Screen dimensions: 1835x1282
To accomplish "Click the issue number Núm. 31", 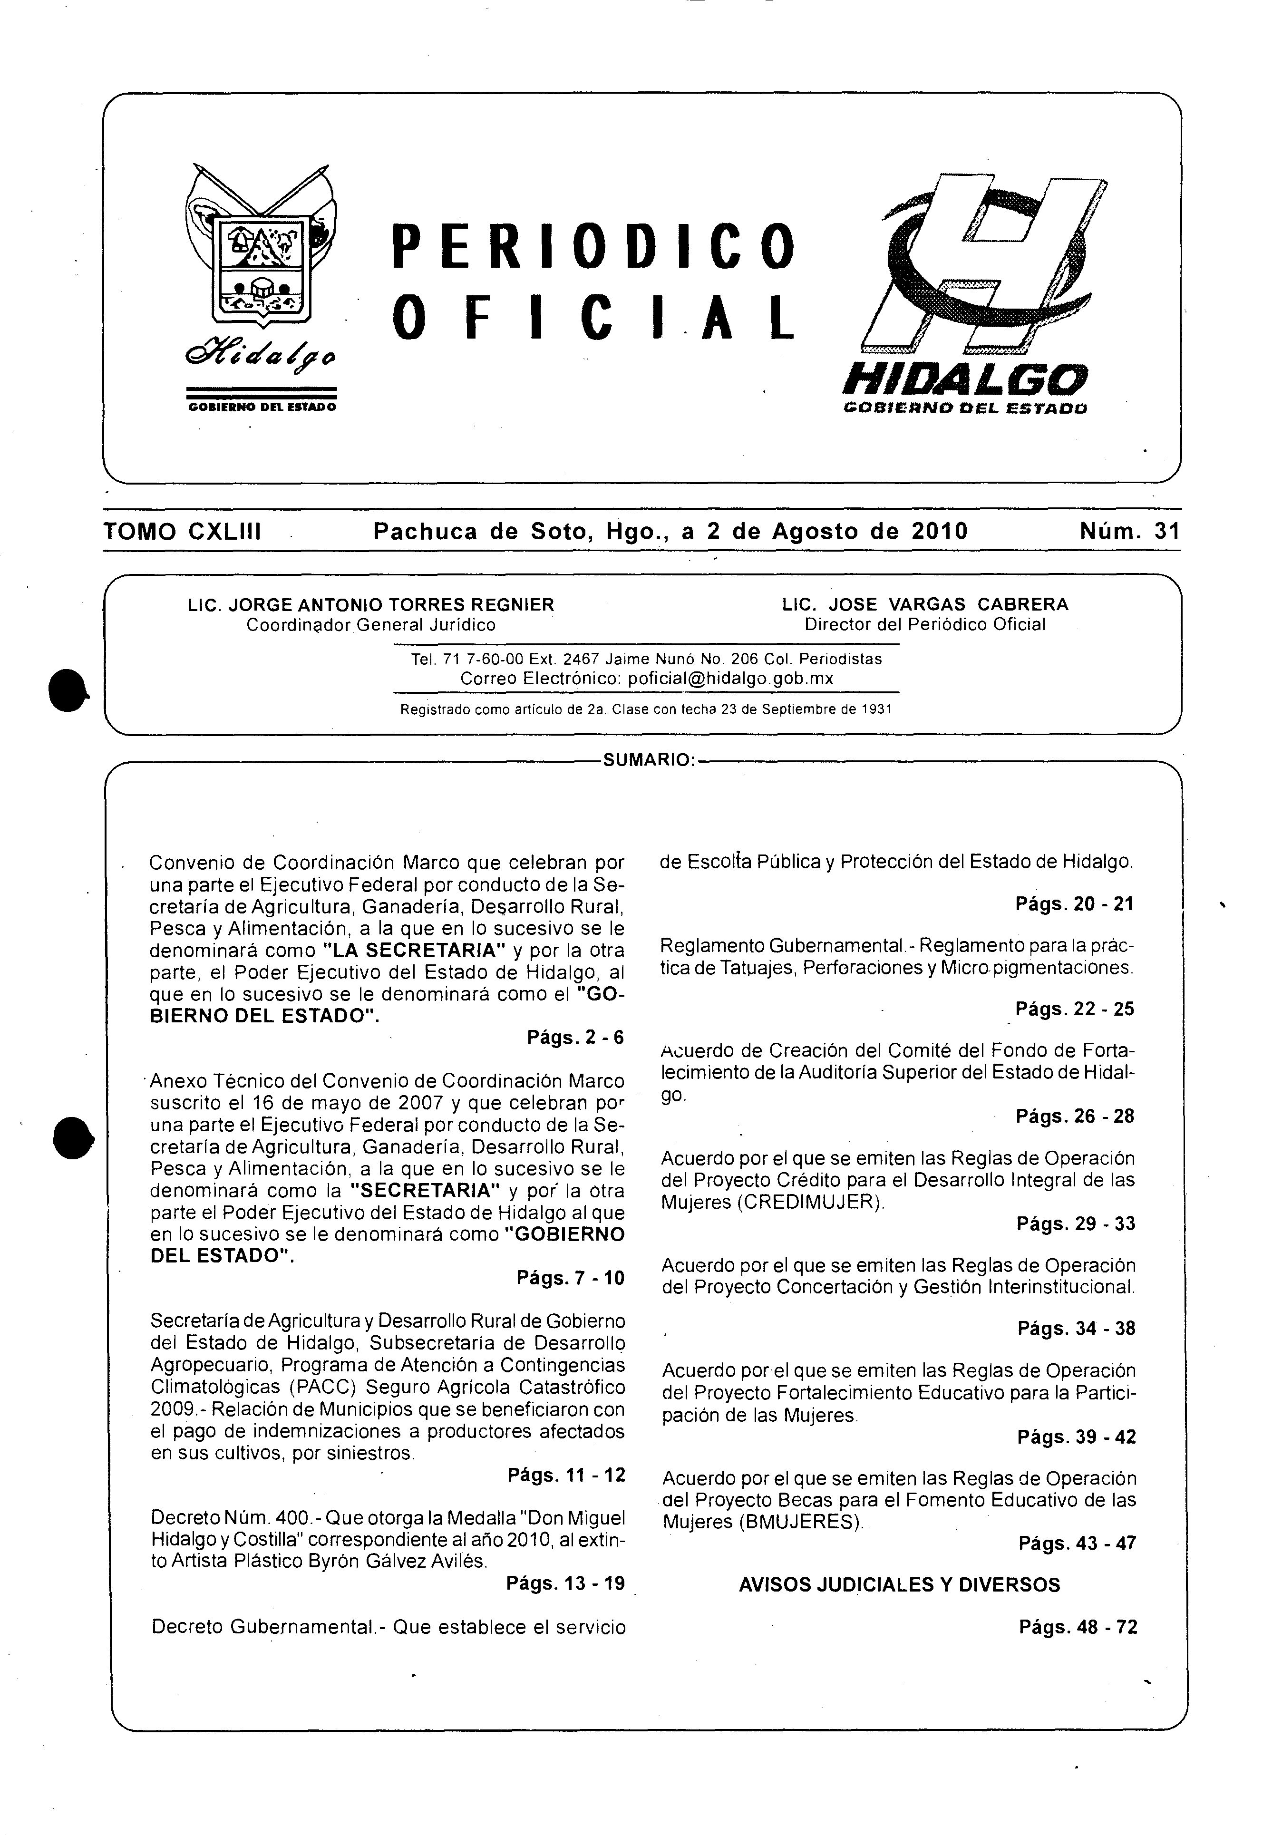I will [1128, 532].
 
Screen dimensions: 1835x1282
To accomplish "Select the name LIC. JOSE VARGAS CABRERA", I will [925, 604].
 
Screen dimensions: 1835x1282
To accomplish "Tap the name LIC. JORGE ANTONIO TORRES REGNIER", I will [371, 604].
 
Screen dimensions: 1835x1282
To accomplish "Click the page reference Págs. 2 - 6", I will [575, 1038].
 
